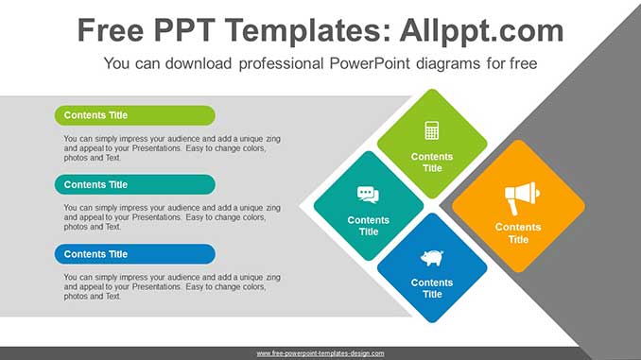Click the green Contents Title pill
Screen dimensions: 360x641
134,115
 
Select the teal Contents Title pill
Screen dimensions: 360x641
134,184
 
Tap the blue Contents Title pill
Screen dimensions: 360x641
134,254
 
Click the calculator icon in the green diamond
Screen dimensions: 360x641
432,130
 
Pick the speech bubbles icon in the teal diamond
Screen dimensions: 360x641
368,195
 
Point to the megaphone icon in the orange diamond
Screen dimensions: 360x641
519,197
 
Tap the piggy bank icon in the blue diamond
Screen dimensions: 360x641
432,258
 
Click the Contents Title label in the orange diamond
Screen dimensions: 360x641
518,232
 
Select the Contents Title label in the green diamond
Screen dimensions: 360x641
432,163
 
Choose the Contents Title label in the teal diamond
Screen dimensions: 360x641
369,226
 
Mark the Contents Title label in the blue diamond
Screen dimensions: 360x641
432,288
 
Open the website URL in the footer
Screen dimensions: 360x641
320,353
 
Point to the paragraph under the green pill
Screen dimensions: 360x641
172,148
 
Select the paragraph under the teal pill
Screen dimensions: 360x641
172,217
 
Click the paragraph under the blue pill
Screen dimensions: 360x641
172,286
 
